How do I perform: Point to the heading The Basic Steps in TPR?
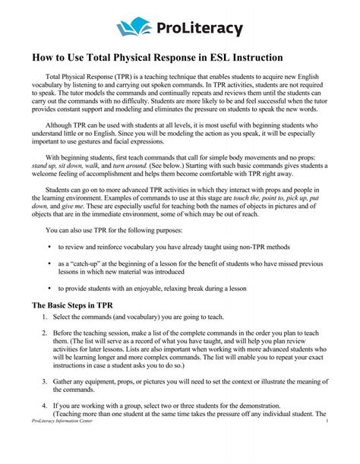pos(73,305)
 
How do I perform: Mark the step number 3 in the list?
pos(45,384)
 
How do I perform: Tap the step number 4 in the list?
pos(45,406)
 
